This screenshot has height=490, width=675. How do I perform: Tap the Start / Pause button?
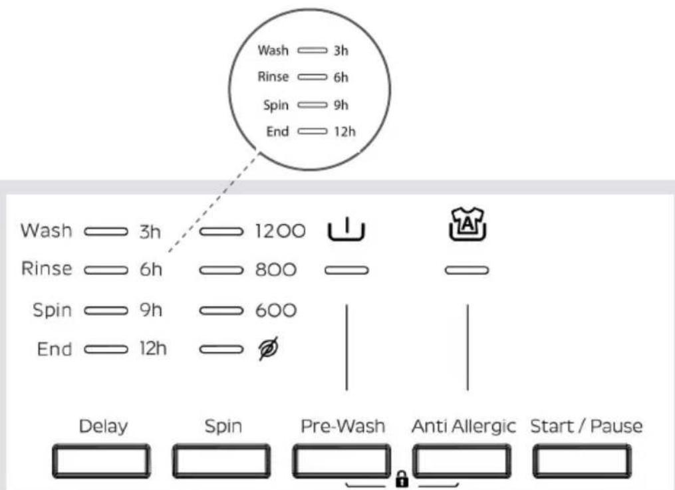tap(582, 461)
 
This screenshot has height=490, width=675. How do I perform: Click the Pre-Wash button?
tap(341, 461)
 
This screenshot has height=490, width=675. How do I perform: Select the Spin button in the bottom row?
tap(221, 461)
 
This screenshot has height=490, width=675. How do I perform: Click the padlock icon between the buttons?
tap(402, 479)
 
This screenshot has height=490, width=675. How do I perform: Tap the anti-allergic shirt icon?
tap(467, 224)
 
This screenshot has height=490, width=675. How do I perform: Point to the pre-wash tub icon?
tap(346, 229)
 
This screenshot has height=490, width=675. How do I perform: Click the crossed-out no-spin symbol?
tap(268, 348)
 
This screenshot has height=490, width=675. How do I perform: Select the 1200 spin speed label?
tap(280, 231)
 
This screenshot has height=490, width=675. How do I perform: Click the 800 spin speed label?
tap(276, 270)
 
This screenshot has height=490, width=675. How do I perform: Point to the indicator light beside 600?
tap(221, 310)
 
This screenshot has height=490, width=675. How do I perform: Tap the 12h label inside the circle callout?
tap(345, 131)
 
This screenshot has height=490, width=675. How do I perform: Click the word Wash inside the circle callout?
tap(273, 51)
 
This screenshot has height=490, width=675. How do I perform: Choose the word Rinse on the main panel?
tap(47, 269)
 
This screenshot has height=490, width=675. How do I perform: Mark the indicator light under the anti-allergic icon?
tap(467, 270)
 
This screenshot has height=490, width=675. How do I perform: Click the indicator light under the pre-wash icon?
tap(346, 270)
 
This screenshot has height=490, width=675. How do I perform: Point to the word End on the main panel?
tap(55, 349)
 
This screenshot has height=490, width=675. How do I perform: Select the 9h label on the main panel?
tap(151, 310)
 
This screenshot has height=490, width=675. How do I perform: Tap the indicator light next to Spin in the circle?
tap(312, 105)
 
